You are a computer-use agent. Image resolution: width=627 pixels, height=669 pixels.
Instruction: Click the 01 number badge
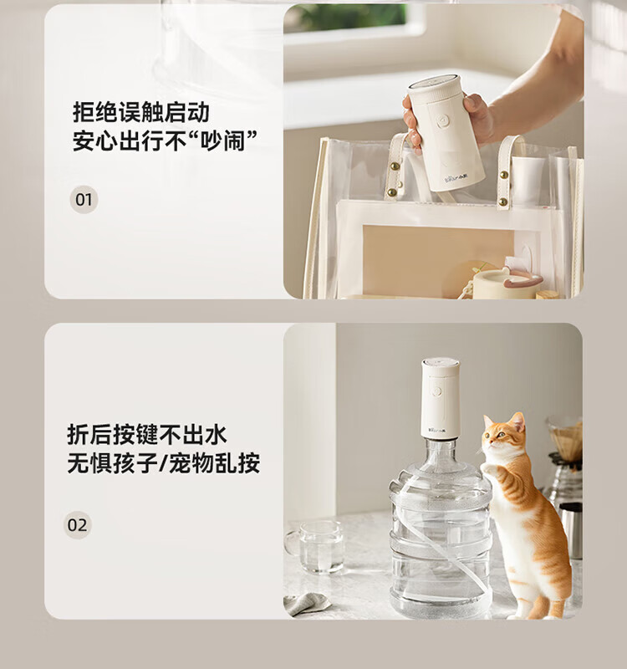[x=84, y=200]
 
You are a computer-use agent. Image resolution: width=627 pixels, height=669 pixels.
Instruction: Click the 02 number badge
[x=77, y=525]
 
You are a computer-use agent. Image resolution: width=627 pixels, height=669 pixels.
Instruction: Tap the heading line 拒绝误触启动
[x=141, y=113]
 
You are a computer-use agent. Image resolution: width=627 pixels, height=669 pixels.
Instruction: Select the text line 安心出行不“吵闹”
[x=165, y=140]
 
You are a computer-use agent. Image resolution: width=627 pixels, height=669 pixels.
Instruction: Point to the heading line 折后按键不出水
[x=147, y=435]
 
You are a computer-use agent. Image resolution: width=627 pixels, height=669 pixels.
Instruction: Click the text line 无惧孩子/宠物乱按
[x=163, y=462]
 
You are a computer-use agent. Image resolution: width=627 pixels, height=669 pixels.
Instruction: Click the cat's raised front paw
[x=487, y=468]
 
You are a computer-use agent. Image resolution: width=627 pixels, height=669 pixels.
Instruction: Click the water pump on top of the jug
[x=441, y=398]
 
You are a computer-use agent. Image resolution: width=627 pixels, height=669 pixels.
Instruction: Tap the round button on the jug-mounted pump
[x=436, y=391]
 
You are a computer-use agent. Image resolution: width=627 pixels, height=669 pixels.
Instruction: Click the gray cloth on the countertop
[x=306, y=601]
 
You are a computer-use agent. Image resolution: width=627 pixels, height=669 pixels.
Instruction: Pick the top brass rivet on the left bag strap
[x=395, y=166]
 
